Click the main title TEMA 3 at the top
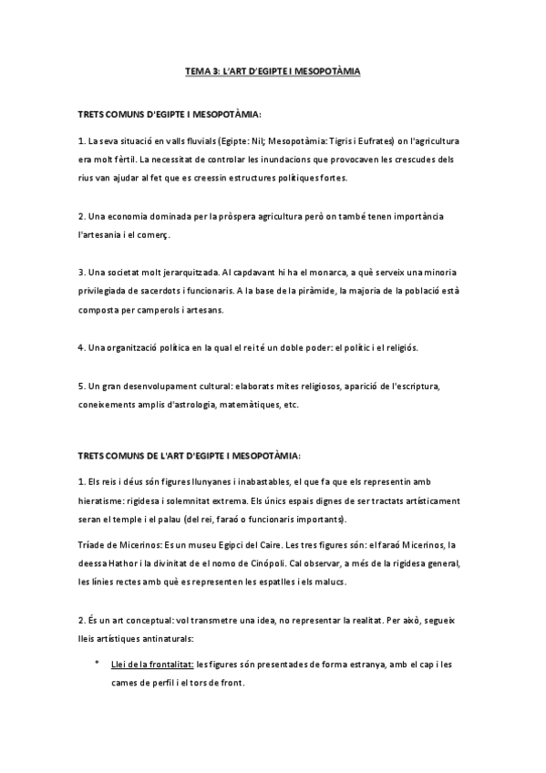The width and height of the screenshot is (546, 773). [x=273, y=70]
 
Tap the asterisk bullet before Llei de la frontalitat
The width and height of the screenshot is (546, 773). [x=98, y=664]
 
